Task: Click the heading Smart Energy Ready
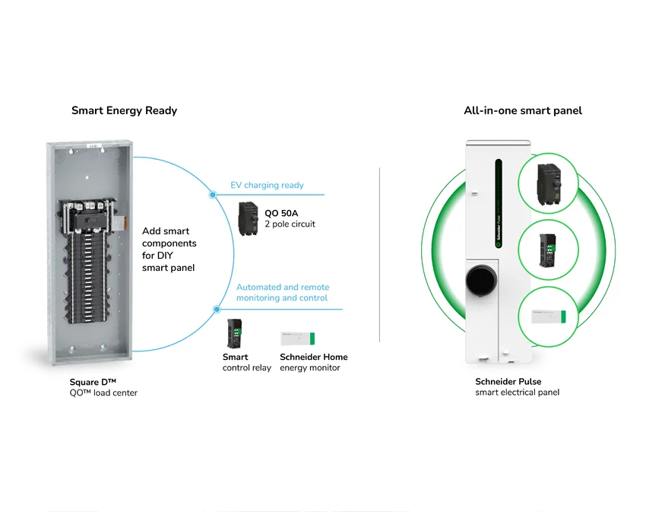(x=124, y=110)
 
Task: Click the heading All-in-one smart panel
(x=523, y=110)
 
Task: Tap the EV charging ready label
(x=267, y=185)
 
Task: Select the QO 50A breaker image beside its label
(x=249, y=218)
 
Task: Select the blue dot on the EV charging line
(x=213, y=195)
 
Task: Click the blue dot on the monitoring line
(x=217, y=309)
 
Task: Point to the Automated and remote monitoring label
(x=283, y=292)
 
